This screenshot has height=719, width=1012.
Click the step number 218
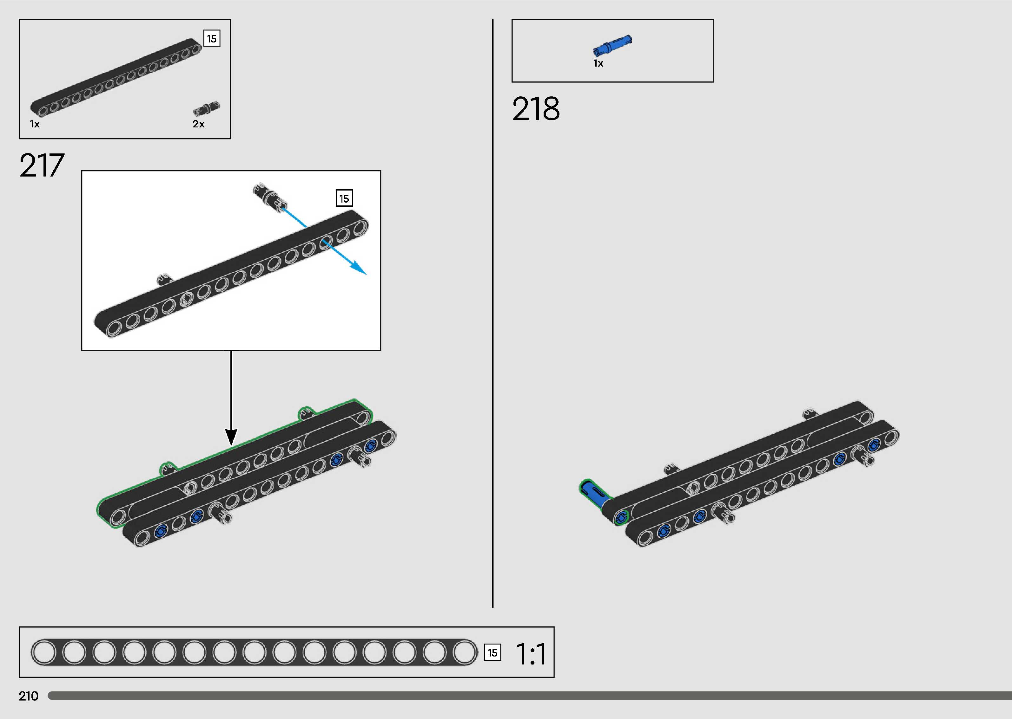tap(536, 109)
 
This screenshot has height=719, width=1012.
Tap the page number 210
tap(28, 696)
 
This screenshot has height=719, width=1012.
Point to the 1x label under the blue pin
tap(598, 64)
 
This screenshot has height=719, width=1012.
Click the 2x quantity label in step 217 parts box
tap(199, 124)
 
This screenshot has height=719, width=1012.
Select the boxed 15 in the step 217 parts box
tap(212, 39)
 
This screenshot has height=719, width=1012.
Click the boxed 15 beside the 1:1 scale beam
tap(492, 653)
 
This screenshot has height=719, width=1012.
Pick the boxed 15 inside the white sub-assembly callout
tap(344, 198)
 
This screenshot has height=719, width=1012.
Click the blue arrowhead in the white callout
tap(360, 269)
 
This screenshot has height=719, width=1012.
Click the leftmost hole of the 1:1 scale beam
tap(44, 653)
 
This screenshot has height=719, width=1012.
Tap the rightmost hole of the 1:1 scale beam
tap(464, 653)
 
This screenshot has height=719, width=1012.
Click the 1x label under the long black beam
tap(35, 124)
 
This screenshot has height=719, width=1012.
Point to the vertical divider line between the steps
tap(493, 310)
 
